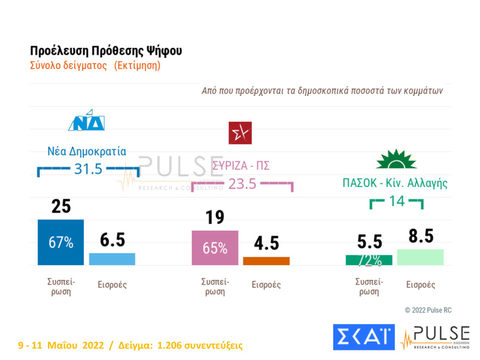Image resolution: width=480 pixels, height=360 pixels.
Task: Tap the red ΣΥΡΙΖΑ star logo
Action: click(x=240, y=133)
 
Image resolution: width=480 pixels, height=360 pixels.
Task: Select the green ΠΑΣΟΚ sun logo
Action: click(x=396, y=159)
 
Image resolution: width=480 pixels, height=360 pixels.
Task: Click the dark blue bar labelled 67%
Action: click(x=61, y=243)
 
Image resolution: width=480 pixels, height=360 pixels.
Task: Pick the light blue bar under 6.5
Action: click(x=112, y=259)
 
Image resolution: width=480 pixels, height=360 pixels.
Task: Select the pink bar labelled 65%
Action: click(x=215, y=248)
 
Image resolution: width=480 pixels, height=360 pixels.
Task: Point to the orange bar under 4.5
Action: click(x=266, y=261)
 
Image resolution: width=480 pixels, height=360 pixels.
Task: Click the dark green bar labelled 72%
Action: click(x=369, y=260)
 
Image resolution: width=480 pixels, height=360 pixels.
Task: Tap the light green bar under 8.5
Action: click(x=420, y=257)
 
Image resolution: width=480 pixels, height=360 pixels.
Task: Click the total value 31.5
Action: click(x=88, y=169)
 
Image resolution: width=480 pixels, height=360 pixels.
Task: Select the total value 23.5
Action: click(x=242, y=184)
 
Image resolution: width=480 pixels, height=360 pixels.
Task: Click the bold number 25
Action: click(x=61, y=207)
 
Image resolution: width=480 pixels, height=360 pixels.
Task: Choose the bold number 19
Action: click(x=215, y=218)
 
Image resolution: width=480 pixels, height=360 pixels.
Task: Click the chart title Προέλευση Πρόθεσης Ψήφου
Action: click(x=106, y=51)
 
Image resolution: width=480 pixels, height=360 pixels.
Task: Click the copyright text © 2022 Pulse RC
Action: click(x=428, y=310)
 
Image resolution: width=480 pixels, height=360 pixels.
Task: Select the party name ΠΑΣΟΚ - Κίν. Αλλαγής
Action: click(x=395, y=183)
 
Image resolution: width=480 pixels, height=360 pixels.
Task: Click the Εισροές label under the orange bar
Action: click(x=266, y=285)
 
